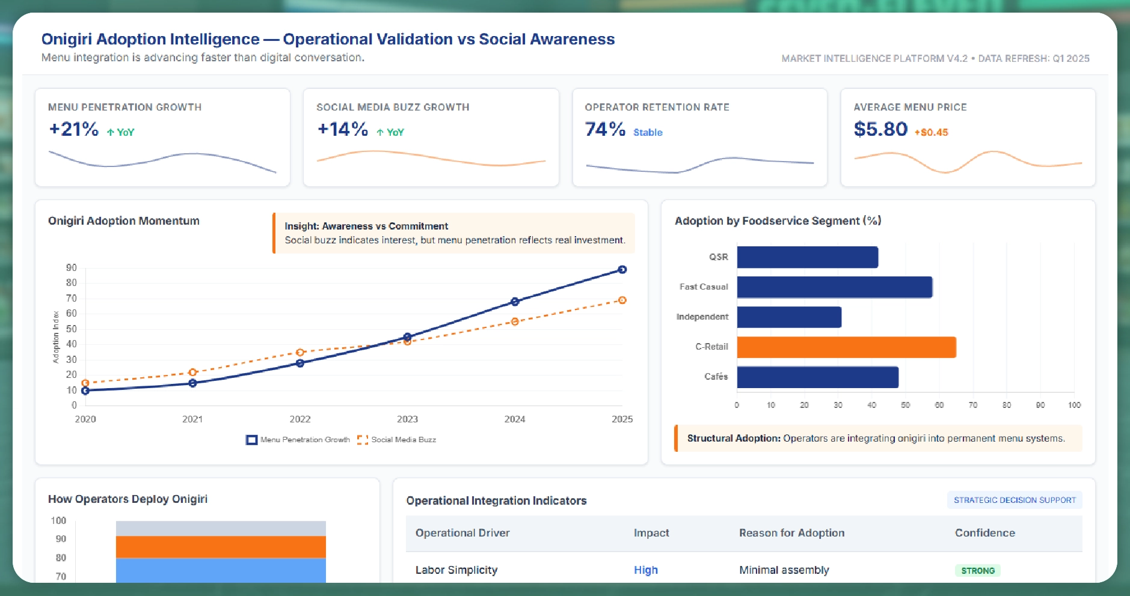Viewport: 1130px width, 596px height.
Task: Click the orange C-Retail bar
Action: click(x=846, y=347)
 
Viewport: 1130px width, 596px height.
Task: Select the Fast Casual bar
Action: click(x=834, y=287)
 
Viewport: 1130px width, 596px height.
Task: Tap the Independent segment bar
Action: click(x=789, y=317)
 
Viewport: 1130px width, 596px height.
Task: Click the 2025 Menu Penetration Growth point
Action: click(x=622, y=270)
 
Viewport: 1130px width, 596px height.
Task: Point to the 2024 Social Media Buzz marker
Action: click(x=515, y=321)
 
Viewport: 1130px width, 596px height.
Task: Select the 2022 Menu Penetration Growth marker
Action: click(x=300, y=363)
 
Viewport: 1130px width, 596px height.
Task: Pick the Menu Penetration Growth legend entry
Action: click(x=298, y=440)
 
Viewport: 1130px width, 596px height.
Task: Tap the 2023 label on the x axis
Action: click(x=407, y=419)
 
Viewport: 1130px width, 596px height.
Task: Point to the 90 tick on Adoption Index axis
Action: click(x=72, y=268)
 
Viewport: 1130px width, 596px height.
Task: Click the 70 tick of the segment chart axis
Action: click(x=972, y=406)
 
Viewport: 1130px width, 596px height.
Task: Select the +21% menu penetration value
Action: click(x=73, y=129)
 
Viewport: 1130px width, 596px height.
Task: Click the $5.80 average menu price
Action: click(x=880, y=129)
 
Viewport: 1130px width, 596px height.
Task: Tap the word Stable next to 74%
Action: click(x=648, y=133)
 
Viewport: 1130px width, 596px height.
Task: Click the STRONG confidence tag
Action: click(x=977, y=571)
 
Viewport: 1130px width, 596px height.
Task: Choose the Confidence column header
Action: click(x=984, y=533)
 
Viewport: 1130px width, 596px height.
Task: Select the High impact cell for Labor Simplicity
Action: click(x=645, y=570)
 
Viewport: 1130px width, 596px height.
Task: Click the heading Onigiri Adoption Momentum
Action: click(x=124, y=221)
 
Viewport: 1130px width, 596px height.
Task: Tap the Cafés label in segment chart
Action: click(x=716, y=377)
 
